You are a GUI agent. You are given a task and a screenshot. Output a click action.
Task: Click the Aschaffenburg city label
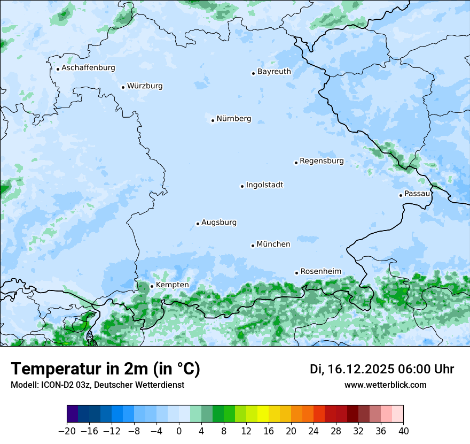88,68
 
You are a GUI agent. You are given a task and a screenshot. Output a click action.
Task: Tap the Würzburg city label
145,86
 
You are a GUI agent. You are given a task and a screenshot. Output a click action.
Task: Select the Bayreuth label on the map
274,72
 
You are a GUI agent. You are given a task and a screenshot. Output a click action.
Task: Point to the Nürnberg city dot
213,120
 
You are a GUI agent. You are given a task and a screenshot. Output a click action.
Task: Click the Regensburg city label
322,161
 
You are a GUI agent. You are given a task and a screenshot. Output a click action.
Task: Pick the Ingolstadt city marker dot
242,186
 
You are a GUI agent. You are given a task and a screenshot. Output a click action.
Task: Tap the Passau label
417,194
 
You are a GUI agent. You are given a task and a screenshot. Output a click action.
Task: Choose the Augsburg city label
219,223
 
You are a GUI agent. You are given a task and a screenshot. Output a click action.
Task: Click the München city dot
253,246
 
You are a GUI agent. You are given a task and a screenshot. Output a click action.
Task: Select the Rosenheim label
320,272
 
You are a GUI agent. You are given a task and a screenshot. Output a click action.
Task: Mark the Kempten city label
172,285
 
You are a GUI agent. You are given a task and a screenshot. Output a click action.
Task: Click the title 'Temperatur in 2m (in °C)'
106,369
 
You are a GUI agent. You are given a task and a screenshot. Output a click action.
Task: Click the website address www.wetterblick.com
386,385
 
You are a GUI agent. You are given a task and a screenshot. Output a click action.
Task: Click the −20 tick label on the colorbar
67,431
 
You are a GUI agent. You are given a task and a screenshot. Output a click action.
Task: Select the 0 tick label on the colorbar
179,431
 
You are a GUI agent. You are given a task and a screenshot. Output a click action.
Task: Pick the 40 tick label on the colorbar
403,431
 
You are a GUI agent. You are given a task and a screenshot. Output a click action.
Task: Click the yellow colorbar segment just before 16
263,414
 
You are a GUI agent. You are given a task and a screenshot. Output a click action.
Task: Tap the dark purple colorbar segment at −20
73,414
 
